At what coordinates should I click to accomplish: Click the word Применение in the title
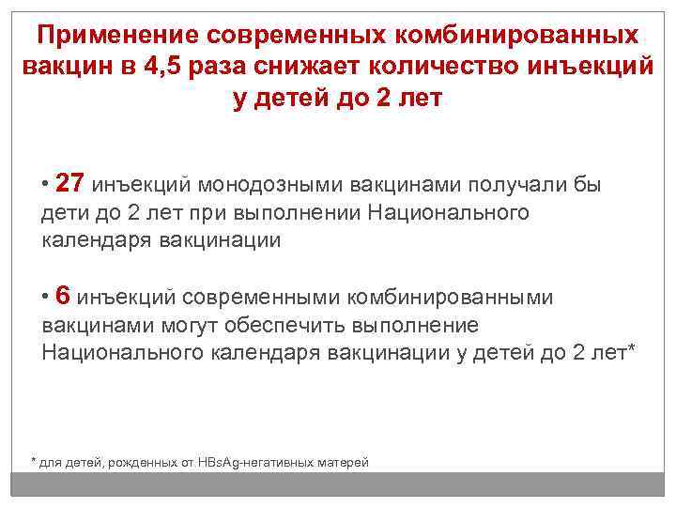click(x=114, y=35)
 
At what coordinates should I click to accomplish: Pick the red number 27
click(x=69, y=184)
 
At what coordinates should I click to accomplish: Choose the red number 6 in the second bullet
click(x=63, y=297)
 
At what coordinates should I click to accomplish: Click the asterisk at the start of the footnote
click(x=35, y=461)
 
